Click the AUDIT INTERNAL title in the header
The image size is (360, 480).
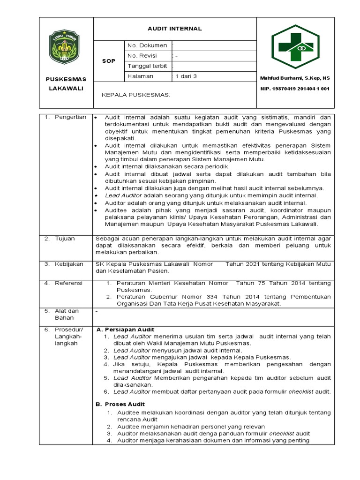[x=174, y=29]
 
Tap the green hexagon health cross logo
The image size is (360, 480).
[x=294, y=46]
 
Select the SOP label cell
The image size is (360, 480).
[x=109, y=61]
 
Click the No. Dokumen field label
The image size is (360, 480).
[x=147, y=45]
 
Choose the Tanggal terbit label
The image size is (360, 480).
[x=147, y=66]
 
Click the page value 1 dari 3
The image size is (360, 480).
[x=186, y=76]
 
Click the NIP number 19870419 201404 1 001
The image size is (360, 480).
[x=295, y=88]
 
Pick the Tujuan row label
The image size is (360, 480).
[x=65, y=239]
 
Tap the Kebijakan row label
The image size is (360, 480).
[x=68, y=264]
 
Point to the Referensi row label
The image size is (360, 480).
[x=68, y=283]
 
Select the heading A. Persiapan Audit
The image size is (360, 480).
[x=125, y=330]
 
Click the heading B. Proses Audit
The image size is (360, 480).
[x=120, y=404]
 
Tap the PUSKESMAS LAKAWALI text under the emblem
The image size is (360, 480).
[x=66, y=83]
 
